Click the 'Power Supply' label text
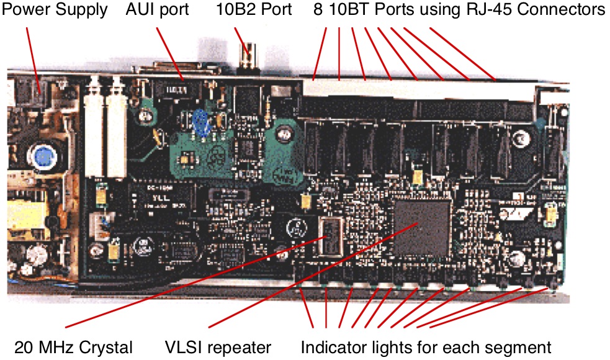click(x=56, y=11)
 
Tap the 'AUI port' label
click(x=158, y=11)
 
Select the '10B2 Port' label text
click(x=254, y=11)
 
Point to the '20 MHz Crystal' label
click(x=74, y=346)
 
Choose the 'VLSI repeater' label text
click(x=218, y=346)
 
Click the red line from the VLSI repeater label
click(x=310, y=276)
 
